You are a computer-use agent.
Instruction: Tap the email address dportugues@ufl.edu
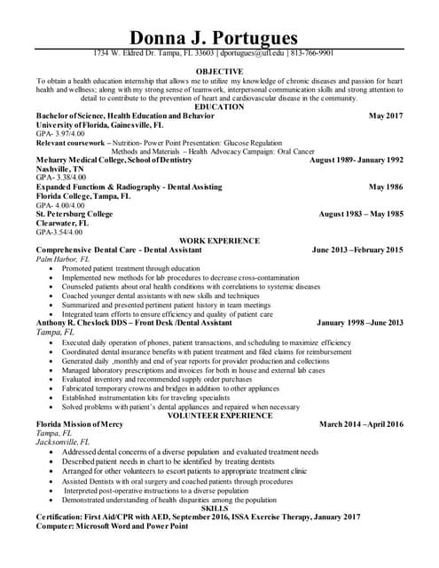(252, 53)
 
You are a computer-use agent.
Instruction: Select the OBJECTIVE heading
(219, 71)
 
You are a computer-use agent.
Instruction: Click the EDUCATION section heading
(219, 106)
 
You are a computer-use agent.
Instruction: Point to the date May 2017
(385, 116)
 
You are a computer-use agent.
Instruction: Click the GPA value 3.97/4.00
(65, 134)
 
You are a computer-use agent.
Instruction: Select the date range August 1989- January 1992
(356, 160)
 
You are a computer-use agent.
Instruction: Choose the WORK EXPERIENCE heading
(219, 241)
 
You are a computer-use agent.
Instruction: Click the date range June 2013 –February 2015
(357, 250)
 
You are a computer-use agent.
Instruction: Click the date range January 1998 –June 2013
(359, 322)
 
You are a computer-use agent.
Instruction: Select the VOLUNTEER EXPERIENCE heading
(219, 414)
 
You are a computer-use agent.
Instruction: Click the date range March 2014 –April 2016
(360, 424)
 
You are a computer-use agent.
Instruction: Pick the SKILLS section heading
(219, 507)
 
